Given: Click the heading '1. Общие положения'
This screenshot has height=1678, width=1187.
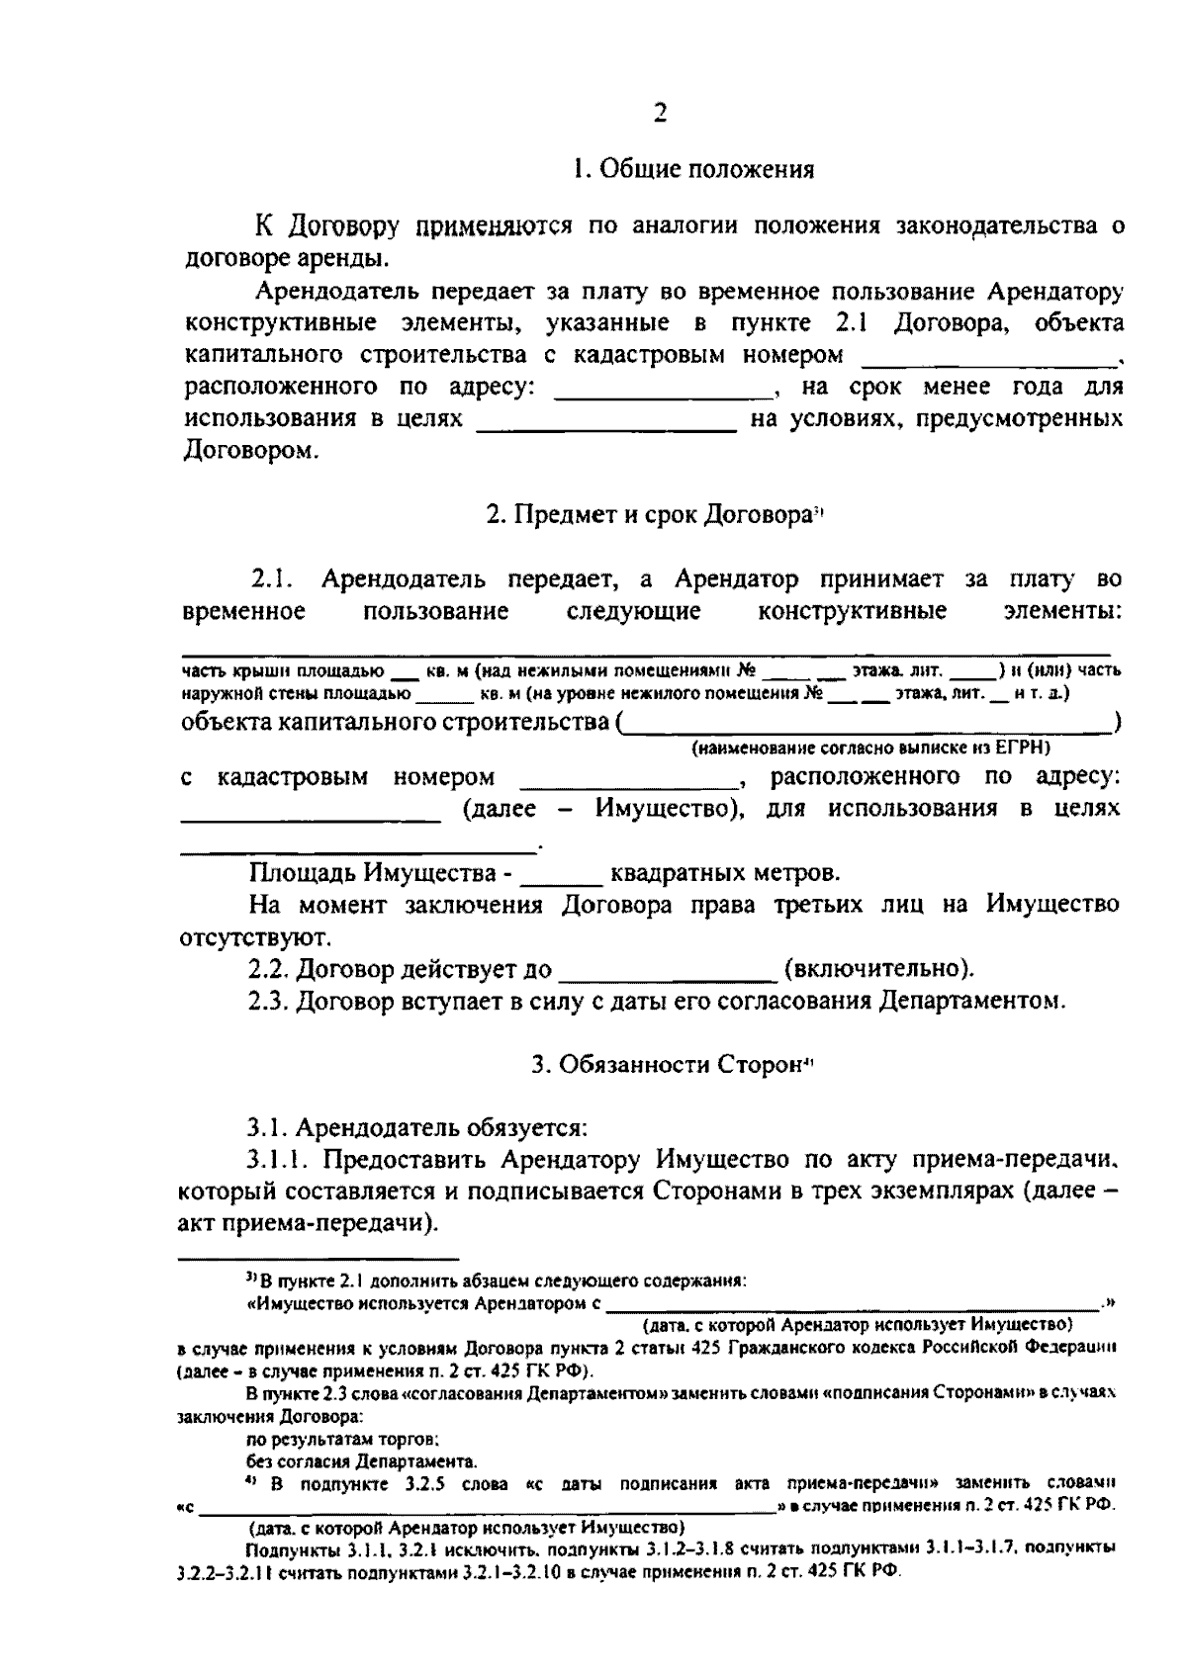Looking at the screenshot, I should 693,169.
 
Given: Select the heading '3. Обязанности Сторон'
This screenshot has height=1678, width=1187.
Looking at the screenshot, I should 672,1064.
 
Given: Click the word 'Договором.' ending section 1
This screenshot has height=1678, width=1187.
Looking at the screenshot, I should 239,452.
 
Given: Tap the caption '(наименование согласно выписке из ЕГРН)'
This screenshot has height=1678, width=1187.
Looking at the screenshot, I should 870,748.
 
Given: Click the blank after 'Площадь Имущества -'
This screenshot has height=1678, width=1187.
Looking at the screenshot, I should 560,874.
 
